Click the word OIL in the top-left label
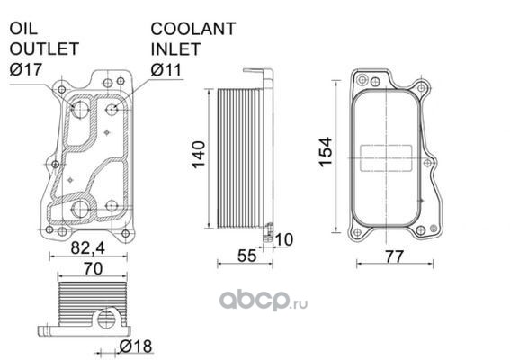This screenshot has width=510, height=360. coord(23,29)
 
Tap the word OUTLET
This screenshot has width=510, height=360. coord(44,49)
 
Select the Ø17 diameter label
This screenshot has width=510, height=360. coord(26,69)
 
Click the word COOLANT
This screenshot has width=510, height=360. coord(193,29)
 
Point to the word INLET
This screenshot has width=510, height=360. coord(175,49)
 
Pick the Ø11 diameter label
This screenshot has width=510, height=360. coord(166,69)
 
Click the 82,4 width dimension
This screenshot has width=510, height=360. coord(88,248)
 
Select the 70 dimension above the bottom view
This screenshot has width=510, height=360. coord(93,269)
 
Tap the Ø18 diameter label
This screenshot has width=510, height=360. coord(136,346)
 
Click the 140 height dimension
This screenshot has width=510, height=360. coord(199,154)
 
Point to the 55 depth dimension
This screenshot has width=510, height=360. coord(246,256)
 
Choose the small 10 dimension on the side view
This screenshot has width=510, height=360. coord(284,239)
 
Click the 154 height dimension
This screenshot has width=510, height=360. coord(326,152)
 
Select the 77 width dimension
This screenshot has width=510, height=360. coord(394,256)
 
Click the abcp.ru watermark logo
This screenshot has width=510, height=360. coord(264,301)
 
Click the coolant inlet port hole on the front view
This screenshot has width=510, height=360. coord(112,110)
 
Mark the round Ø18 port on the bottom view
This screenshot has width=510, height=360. coord(105,319)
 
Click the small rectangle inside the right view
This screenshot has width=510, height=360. coord(386,158)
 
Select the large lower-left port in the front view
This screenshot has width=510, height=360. coord(80,210)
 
